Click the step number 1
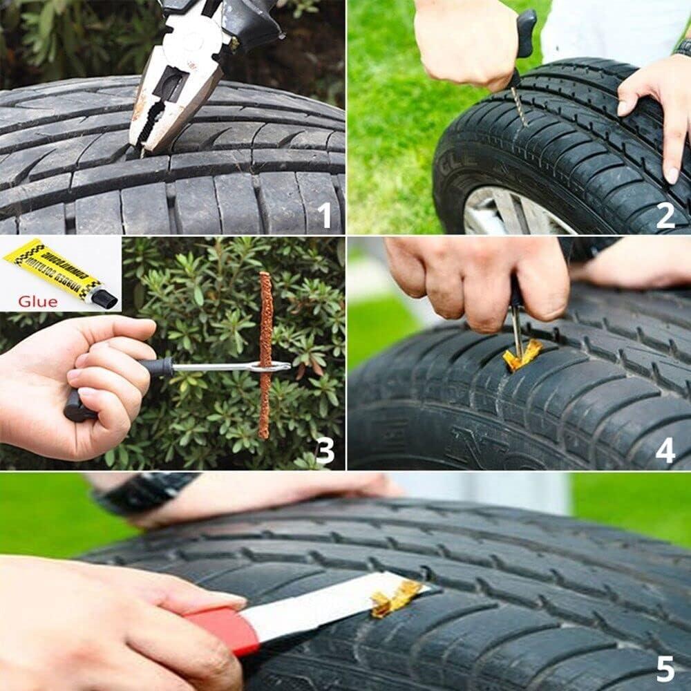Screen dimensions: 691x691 point(325,214)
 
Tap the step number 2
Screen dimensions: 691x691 point(665,214)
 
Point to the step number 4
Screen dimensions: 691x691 point(665,451)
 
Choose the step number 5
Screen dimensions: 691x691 point(665,669)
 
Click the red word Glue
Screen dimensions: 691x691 point(38,301)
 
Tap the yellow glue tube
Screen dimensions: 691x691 point(52,269)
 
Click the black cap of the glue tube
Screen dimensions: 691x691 point(104,298)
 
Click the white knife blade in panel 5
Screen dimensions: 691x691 point(318,605)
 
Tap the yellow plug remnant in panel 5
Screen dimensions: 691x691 point(395,597)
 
